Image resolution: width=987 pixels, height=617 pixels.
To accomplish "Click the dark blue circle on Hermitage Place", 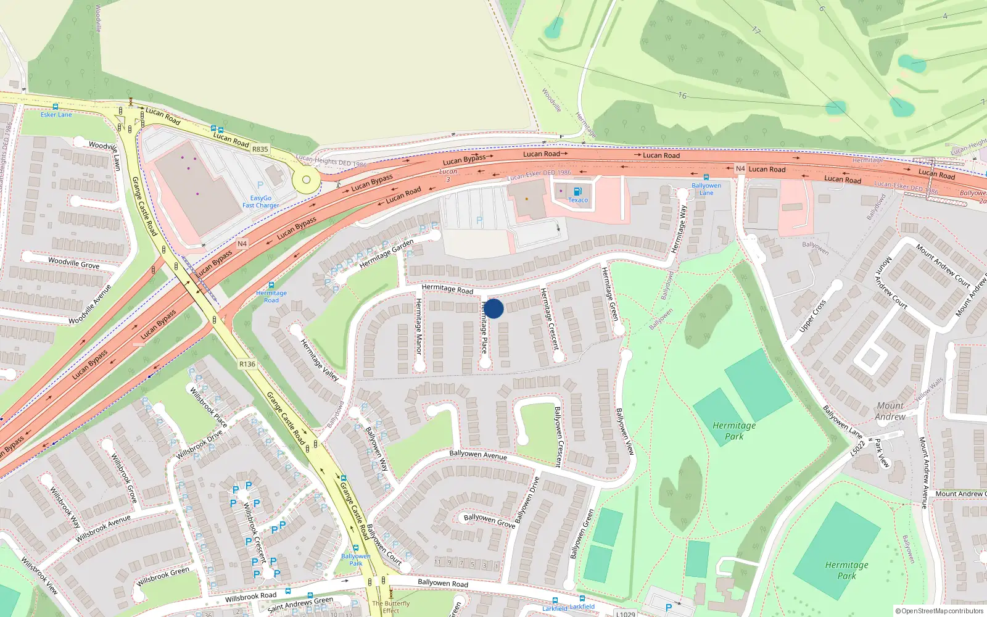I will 493,308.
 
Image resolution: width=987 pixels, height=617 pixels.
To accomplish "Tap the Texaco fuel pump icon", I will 577,192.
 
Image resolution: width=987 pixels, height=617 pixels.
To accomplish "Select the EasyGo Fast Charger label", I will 260,202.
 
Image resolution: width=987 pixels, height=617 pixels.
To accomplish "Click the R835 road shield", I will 260,149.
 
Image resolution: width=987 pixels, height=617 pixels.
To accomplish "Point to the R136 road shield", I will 247,364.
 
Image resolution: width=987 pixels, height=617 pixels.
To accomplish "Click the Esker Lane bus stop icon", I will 56,107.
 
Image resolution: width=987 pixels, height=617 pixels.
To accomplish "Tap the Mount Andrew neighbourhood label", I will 890,411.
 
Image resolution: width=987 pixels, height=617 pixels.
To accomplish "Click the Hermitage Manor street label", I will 419,326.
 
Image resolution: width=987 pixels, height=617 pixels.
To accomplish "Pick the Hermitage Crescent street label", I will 549,318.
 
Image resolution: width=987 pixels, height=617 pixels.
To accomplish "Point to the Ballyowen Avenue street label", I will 478,455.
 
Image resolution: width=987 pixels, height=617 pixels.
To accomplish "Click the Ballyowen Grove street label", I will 489,520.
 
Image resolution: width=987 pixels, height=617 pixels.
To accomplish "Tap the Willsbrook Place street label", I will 208,407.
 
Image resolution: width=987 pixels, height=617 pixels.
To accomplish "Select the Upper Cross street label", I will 812,316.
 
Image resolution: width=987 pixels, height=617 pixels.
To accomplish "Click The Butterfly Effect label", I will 390,607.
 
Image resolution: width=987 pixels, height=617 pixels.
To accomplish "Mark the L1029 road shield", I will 626,613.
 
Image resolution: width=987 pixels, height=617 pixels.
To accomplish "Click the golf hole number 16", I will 682,95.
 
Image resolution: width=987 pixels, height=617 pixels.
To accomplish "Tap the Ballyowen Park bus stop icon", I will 356,548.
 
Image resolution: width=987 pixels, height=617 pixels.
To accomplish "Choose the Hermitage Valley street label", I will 320,360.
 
